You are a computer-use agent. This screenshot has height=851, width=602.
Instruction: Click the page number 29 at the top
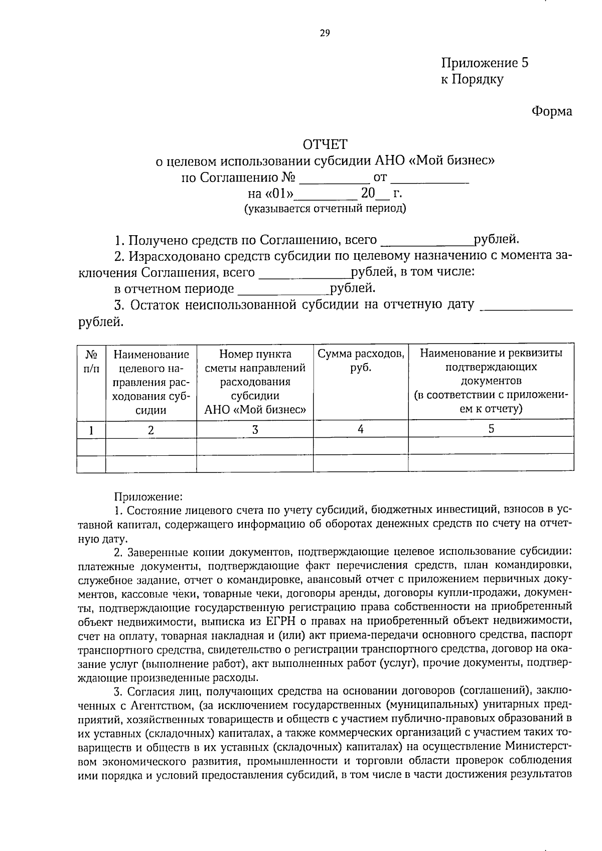(x=325, y=33)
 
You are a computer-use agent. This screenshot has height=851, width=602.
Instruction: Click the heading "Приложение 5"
(x=485, y=63)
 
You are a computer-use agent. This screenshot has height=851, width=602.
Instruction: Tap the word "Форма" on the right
(x=552, y=111)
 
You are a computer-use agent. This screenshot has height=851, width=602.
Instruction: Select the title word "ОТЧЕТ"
(x=325, y=144)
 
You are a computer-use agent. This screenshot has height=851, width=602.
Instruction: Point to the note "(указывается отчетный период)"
(x=325, y=209)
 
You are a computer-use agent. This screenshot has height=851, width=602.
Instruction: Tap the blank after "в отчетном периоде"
(x=283, y=289)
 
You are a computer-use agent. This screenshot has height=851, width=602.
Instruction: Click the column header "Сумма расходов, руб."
(x=361, y=360)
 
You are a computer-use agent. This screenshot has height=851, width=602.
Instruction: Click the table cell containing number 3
(x=255, y=429)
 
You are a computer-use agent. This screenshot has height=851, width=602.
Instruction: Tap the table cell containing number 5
(x=491, y=428)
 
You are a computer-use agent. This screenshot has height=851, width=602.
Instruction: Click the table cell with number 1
(x=91, y=430)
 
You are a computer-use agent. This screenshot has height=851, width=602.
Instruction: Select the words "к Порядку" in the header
(x=472, y=79)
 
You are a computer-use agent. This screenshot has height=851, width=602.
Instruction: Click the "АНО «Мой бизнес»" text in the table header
(x=255, y=410)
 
